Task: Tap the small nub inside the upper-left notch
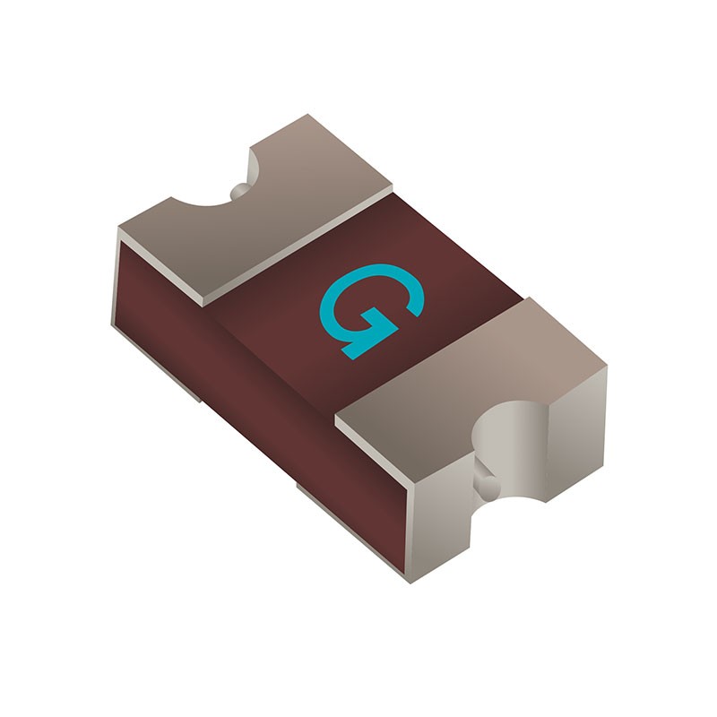239,190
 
